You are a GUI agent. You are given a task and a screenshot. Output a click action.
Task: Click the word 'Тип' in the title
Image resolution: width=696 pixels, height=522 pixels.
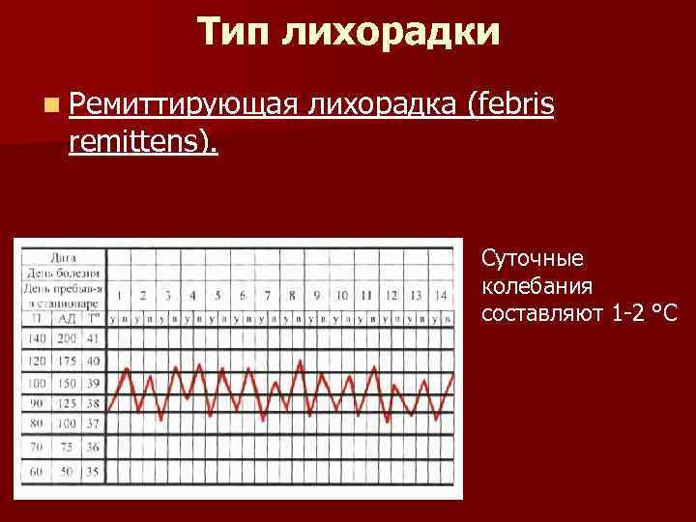coord(234,32)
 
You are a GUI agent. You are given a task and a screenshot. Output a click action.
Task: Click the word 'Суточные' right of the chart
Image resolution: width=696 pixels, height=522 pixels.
coord(532,260)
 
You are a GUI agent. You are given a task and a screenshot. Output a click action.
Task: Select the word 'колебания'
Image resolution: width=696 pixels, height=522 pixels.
coord(536,286)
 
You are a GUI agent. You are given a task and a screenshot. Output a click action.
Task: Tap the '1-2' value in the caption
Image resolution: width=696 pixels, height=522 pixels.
coord(628,313)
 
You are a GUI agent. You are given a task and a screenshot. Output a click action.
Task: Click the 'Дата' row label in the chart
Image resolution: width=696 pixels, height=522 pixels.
coord(64,258)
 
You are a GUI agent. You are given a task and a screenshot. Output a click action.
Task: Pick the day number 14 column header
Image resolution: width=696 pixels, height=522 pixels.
coord(441,295)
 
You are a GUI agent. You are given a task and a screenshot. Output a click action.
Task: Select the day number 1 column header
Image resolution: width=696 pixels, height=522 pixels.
coord(118,295)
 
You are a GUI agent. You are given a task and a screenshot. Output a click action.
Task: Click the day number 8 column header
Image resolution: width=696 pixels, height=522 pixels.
coord(292,295)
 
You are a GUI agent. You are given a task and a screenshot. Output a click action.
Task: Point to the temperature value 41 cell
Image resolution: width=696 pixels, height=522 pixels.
coord(93,338)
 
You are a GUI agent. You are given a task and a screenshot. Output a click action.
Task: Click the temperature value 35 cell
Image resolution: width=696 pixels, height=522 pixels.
coord(93,471)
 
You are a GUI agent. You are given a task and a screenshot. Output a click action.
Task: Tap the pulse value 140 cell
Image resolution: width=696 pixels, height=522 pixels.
coord(37,338)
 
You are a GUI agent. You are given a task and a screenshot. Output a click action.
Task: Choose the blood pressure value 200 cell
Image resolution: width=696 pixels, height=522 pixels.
coord(66,338)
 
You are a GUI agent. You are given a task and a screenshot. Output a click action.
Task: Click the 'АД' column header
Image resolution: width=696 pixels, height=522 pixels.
coord(66,318)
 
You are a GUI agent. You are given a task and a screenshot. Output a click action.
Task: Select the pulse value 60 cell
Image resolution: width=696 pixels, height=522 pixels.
coord(37,471)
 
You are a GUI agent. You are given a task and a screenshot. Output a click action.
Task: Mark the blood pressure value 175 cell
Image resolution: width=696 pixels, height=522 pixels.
coord(66,361)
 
